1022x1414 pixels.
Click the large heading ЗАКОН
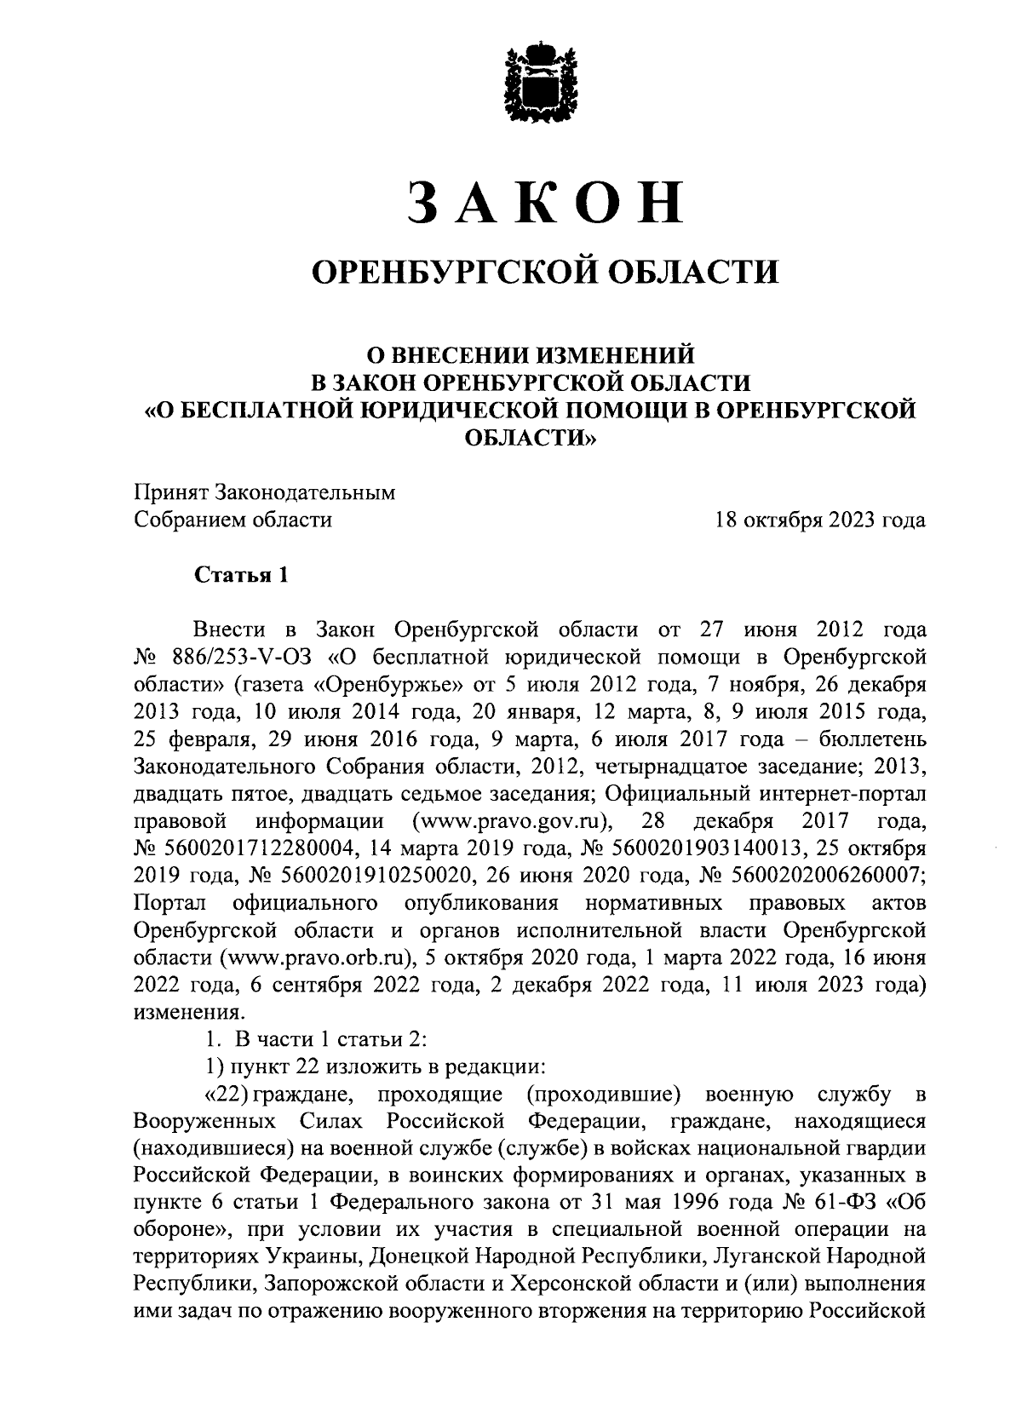545,202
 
